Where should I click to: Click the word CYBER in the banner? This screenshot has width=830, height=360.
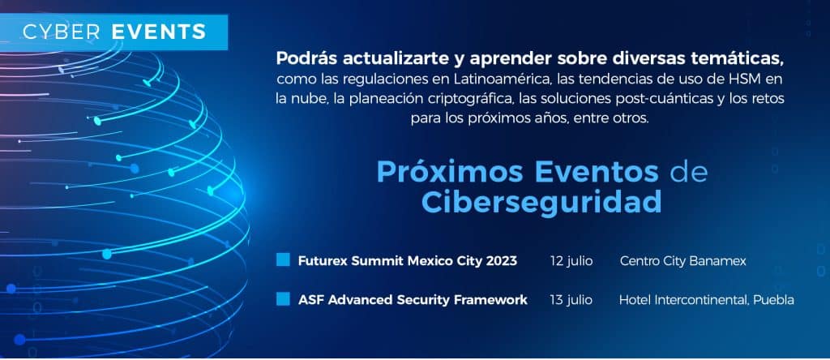coord(62,32)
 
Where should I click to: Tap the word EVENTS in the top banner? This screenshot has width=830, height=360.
coord(159,32)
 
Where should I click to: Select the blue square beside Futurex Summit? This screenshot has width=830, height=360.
coord(283,259)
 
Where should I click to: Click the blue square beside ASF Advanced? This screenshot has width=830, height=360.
coord(283,299)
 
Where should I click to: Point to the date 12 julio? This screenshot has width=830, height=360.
coord(571,261)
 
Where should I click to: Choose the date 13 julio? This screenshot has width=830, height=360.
coord(571,300)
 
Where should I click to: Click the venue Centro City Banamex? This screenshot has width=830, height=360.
coord(682,261)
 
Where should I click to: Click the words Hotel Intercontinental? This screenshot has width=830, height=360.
coord(684,300)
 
